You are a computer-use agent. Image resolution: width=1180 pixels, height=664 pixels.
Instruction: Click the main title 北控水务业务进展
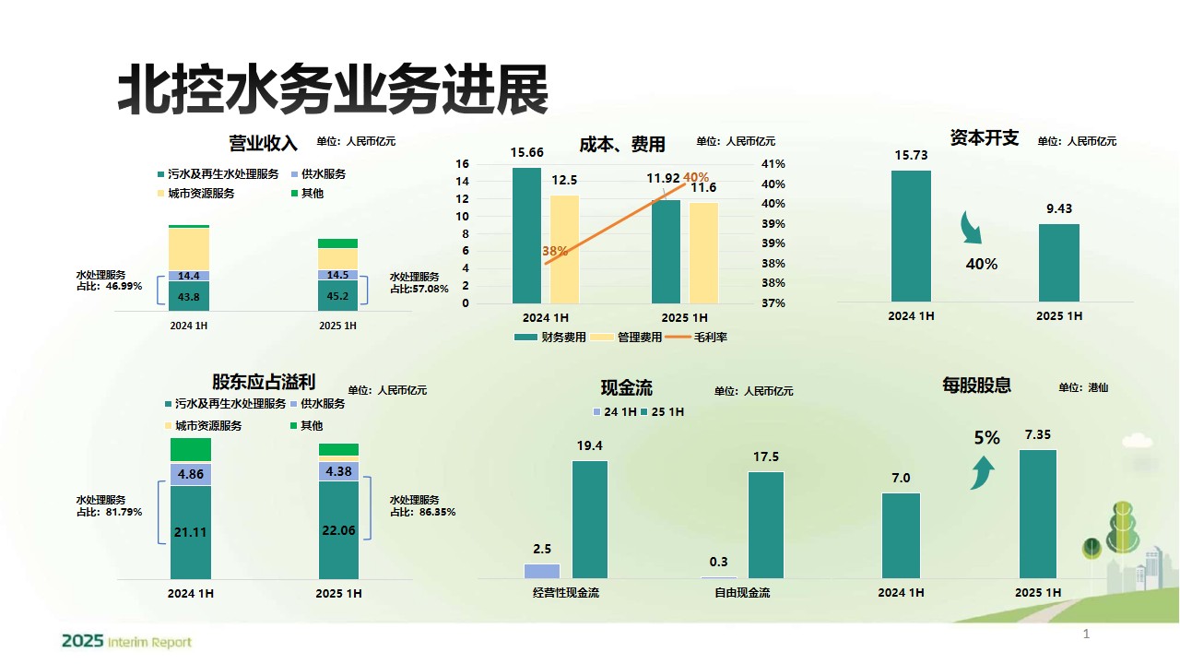[x=333, y=90]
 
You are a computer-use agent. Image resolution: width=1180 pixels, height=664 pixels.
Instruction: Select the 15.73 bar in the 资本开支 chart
[x=911, y=236]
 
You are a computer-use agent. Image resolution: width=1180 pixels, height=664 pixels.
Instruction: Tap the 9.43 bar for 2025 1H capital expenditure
[x=1058, y=263]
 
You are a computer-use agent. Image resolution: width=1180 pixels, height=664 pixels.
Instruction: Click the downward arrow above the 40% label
[x=972, y=229]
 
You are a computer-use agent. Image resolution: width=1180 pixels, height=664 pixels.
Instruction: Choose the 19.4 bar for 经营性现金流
[x=590, y=519]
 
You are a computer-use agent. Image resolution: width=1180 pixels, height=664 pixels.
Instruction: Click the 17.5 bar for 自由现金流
[x=765, y=525]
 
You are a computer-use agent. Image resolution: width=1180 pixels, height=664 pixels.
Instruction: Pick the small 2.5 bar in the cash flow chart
[x=542, y=571]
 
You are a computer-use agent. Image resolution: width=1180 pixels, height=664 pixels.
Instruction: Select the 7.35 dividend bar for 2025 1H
[x=1038, y=514]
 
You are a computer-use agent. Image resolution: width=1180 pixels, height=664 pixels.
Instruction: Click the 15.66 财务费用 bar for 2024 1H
[x=526, y=235]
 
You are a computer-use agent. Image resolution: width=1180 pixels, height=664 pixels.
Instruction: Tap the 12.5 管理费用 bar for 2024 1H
[x=564, y=249]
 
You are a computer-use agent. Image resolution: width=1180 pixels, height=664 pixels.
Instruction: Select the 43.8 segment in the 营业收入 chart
[x=189, y=296]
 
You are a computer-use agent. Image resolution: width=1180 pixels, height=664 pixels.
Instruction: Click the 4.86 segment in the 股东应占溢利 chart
[x=191, y=474]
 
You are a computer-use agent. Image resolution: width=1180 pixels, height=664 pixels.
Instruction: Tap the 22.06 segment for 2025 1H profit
[x=338, y=529]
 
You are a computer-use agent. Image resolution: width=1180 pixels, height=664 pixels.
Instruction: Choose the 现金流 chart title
[x=626, y=388]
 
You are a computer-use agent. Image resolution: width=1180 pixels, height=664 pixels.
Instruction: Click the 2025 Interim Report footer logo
[x=126, y=641]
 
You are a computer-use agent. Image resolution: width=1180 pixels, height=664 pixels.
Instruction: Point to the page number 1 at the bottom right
[x=1086, y=634]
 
